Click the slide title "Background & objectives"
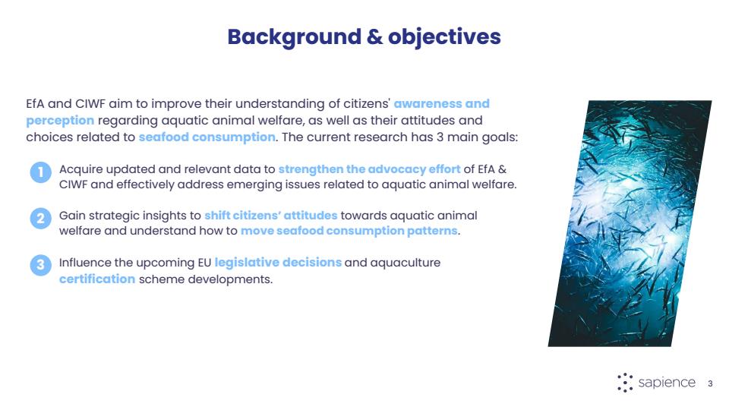pos(364,37)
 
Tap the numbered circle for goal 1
pos(41,172)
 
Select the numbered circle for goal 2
pos(41,219)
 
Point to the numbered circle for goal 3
pos(41,265)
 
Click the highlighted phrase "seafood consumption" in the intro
pos(207,137)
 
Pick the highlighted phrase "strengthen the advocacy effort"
pos(369,169)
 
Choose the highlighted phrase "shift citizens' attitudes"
pos(270,216)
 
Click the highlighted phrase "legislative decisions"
pos(278,263)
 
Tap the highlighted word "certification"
pos(97,279)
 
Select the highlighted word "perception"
pos(60,121)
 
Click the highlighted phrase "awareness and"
pos(442,104)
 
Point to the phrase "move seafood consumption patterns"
pos(349,231)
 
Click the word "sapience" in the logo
pos(667,383)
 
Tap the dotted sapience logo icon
pos(625,383)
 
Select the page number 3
pos(710,383)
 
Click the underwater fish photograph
pos(630,223)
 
